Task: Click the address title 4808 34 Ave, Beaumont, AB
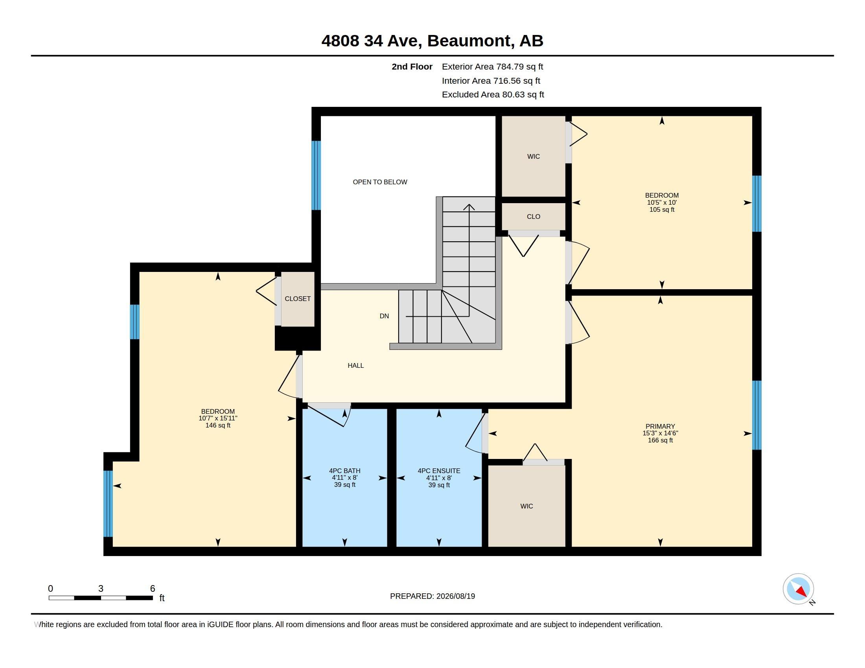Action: coord(432,41)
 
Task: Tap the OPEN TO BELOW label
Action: coord(380,182)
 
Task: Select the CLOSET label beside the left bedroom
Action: coord(298,299)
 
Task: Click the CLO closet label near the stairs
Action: coord(534,217)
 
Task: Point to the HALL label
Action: coord(356,366)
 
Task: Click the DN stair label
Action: coord(384,316)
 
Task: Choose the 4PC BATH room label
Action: coord(344,471)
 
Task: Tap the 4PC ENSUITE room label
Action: coord(439,471)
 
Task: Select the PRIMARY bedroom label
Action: coord(660,426)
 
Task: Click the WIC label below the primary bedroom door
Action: coord(526,506)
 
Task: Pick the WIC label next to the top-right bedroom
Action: coord(534,157)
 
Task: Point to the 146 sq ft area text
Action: coord(218,426)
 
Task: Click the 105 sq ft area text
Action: coord(662,210)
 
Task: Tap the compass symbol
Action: coord(799,589)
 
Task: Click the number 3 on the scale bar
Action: coord(101,589)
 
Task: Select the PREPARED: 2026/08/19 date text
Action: coord(432,596)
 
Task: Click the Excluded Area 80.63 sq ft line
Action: coord(493,95)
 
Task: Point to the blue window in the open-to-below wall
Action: coord(316,175)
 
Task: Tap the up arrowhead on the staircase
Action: coord(469,207)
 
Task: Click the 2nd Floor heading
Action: coord(412,66)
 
